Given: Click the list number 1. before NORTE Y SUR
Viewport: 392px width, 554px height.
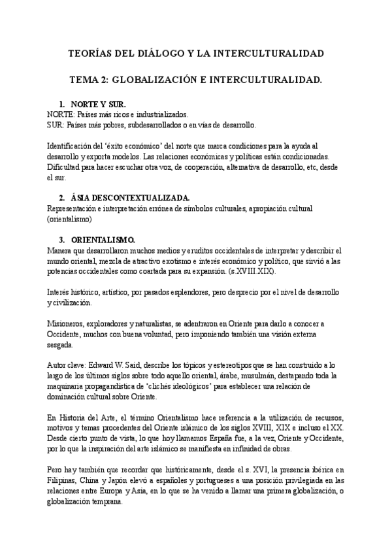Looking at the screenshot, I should point(62,105).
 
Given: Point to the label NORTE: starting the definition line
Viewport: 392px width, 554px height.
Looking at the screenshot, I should point(61,114).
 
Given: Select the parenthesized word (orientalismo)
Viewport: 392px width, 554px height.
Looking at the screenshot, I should point(71,220).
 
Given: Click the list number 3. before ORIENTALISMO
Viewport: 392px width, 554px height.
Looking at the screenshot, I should point(62,239).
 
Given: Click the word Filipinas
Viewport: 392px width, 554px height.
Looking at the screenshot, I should point(65,481).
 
